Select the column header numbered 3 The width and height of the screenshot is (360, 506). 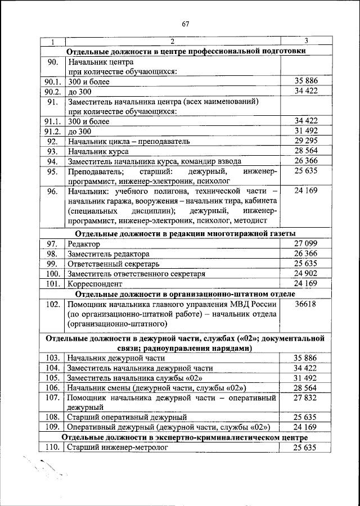(x=305, y=41)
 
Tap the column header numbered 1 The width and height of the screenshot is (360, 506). (x=52, y=42)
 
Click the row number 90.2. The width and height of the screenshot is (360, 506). (x=52, y=91)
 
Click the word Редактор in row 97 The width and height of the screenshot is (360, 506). (x=84, y=244)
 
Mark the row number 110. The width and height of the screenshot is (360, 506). (x=52, y=448)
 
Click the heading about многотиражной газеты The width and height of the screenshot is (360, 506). (x=186, y=234)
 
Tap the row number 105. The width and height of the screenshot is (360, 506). (x=52, y=378)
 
